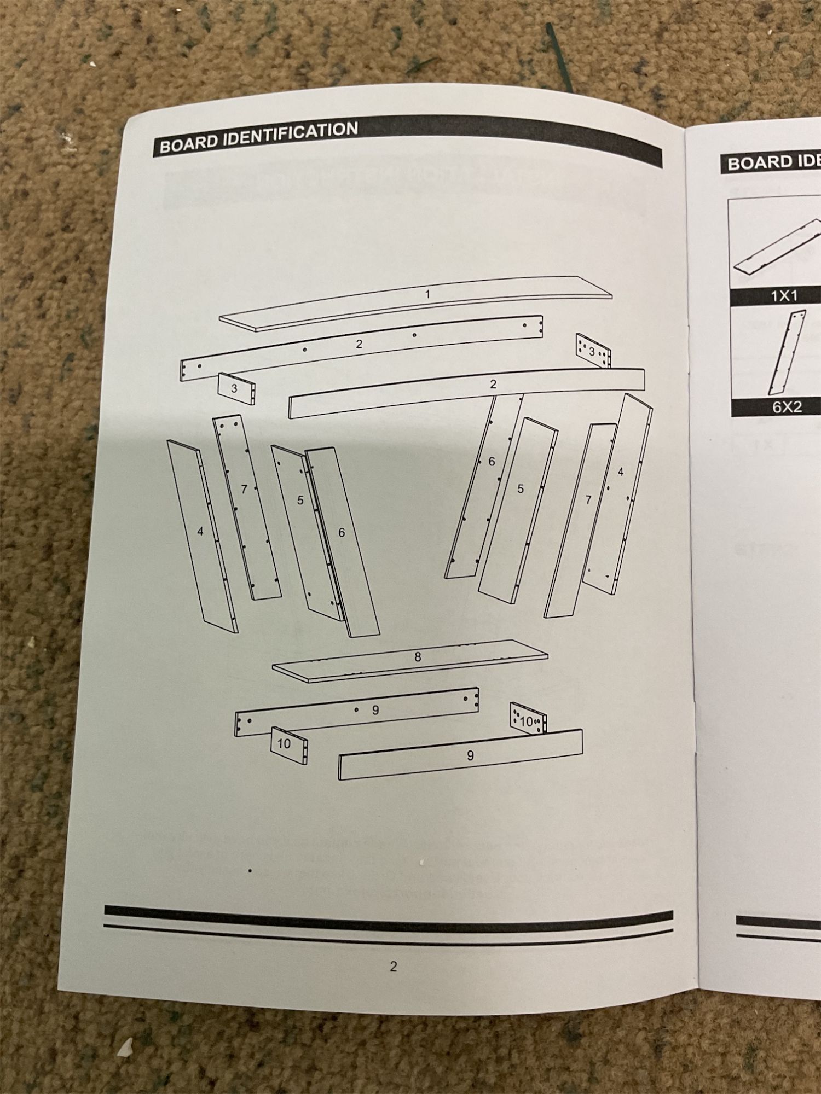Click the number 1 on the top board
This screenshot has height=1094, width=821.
427,294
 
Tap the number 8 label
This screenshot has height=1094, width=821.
418,657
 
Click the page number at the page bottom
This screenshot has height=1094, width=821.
393,967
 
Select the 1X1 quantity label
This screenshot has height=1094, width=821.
784,296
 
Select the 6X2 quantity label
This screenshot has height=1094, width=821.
787,407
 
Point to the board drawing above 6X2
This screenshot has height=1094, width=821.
787,353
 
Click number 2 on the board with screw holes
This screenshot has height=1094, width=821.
359,344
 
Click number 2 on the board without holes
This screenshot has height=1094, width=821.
493,385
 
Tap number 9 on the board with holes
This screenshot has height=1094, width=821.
375,710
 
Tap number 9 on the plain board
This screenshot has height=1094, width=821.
470,755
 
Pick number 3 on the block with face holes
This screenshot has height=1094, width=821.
592,352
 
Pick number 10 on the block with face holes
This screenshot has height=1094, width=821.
526,721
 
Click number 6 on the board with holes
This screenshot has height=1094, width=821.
492,462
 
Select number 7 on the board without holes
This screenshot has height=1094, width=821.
588,499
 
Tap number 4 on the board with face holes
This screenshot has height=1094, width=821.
621,472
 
